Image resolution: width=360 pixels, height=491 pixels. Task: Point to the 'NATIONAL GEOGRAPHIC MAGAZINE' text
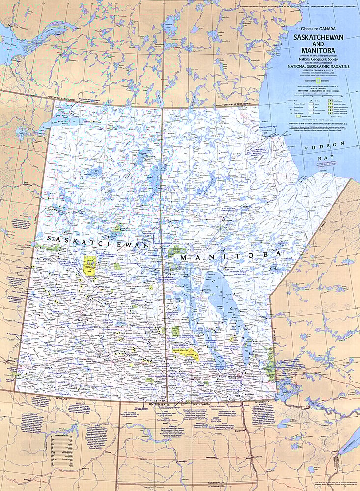(x=319, y=65)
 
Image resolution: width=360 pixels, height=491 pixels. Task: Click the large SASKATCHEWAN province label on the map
(x=99, y=241)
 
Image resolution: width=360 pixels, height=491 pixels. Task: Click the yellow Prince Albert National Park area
(x=90, y=264)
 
